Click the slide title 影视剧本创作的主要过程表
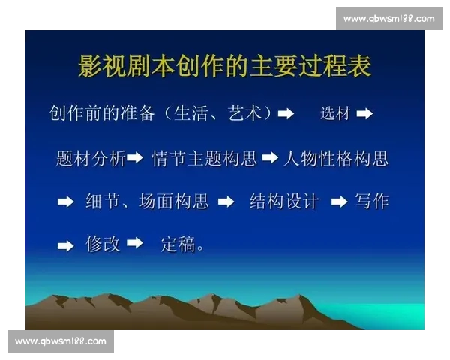(x=225, y=67)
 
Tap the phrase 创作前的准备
(x=102, y=113)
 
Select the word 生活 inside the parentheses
(x=191, y=113)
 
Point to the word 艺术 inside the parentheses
(x=244, y=113)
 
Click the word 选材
(x=335, y=114)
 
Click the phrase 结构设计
(x=283, y=202)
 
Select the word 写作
(x=371, y=202)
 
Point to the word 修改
(x=103, y=244)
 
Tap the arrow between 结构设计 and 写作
(x=339, y=202)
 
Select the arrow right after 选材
(x=364, y=114)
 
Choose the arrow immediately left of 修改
(x=66, y=245)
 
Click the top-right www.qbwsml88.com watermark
(x=389, y=19)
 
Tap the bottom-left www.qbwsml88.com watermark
(x=60, y=341)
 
